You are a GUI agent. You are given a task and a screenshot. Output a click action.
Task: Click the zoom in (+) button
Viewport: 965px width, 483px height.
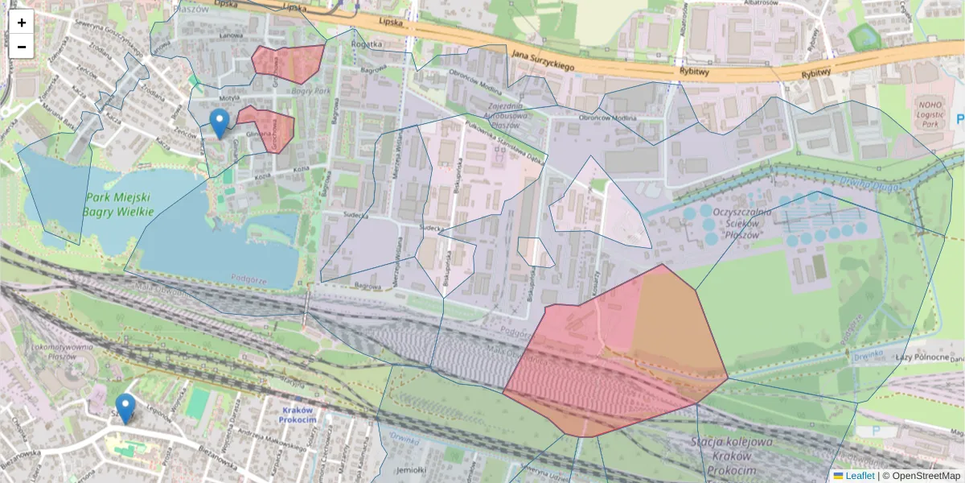(x=22, y=23)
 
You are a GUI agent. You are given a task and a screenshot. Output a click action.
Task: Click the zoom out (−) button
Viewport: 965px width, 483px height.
(x=22, y=47)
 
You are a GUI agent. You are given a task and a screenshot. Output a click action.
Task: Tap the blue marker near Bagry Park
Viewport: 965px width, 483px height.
(x=219, y=123)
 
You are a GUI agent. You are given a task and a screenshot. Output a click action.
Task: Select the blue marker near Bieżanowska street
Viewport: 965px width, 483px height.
(x=125, y=408)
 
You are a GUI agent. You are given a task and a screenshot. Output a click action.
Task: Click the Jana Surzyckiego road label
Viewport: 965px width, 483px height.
(x=542, y=60)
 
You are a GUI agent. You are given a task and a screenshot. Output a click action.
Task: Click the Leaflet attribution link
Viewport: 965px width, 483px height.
(x=859, y=476)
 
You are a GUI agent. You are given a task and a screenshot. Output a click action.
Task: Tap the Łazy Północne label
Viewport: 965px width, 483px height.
(x=924, y=357)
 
